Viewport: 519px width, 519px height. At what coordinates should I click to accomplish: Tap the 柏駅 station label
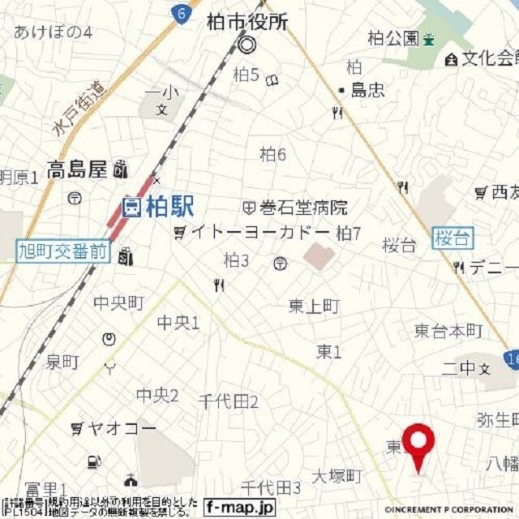[x=169, y=208]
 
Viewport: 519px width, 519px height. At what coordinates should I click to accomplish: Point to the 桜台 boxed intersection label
[x=453, y=238]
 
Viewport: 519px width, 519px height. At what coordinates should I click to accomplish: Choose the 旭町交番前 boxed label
[x=62, y=251]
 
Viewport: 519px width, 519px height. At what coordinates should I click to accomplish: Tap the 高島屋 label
[x=77, y=170]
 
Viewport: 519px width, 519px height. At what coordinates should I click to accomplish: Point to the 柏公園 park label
[x=393, y=37]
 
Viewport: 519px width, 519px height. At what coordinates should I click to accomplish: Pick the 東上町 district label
[x=314, y=306]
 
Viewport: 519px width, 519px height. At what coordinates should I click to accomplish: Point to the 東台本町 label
[x=448, y=331]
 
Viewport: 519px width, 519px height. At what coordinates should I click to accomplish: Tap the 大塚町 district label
[x=337, y=476]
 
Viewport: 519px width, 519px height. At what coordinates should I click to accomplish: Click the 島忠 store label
[x=367, y=90]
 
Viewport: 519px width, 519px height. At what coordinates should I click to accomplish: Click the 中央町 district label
[x=118, y=302]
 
